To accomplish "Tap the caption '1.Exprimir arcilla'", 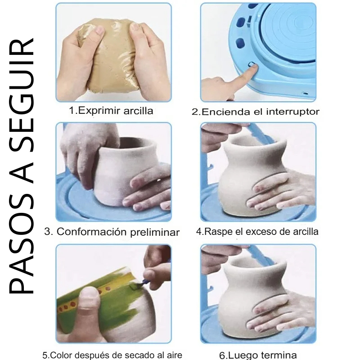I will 111,111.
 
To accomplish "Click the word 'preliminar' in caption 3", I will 155,233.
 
